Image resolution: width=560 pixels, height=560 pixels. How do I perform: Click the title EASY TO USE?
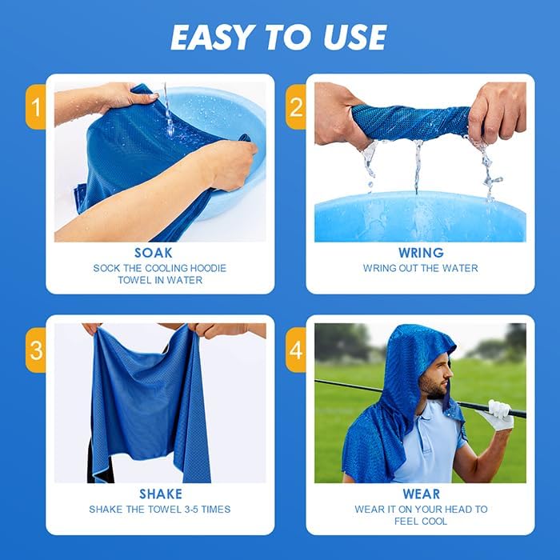pos(279,37)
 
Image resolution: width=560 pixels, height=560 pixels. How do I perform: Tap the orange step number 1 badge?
pos(35,106)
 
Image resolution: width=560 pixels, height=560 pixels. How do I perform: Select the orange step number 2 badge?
pos(296,106)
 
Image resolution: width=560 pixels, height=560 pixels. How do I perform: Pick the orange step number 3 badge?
pos(35,350)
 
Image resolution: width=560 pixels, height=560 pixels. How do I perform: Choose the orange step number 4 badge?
pos(296,350)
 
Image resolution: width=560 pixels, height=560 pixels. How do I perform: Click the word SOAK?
pos(153,253)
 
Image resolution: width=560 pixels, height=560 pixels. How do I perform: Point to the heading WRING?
pos(420,253)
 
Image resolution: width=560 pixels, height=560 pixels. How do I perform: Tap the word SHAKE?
pos(161,494)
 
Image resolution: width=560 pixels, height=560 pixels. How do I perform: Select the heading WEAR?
pos(421,494)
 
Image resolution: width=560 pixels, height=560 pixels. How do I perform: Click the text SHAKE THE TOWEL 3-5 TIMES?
pos(161,510)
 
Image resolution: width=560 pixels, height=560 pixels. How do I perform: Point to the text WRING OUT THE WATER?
pos(421,268)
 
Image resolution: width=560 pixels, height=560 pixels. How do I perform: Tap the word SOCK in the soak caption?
pos(106,268)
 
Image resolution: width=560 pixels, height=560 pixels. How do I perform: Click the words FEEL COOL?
pos(421,522)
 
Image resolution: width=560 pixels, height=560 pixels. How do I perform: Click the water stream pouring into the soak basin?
pos(168,112)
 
